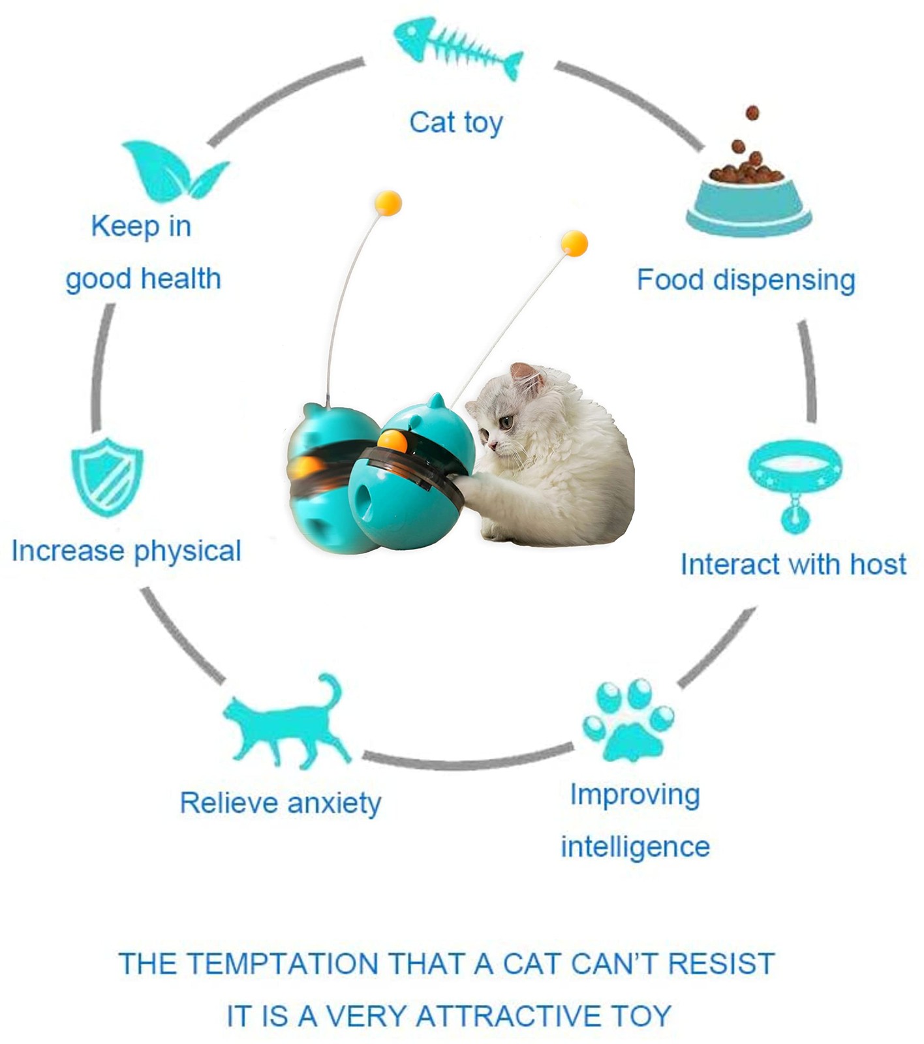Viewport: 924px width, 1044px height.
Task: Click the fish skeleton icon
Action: coord(457,49)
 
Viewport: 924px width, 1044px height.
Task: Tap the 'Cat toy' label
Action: coord(456,123)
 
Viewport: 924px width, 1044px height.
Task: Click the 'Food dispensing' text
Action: coord(746,280)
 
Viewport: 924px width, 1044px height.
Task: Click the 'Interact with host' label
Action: coord(793,564)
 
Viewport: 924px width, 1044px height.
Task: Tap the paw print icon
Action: coord(627,720)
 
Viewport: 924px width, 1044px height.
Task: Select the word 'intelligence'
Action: coord(635,847)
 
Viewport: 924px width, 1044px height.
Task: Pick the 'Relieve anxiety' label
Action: coord(281,803)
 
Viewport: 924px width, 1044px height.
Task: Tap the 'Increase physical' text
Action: coord(127,551)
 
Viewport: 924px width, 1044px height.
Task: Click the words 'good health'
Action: coord(144,279)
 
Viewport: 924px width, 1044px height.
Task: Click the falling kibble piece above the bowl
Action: coord(752,113)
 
